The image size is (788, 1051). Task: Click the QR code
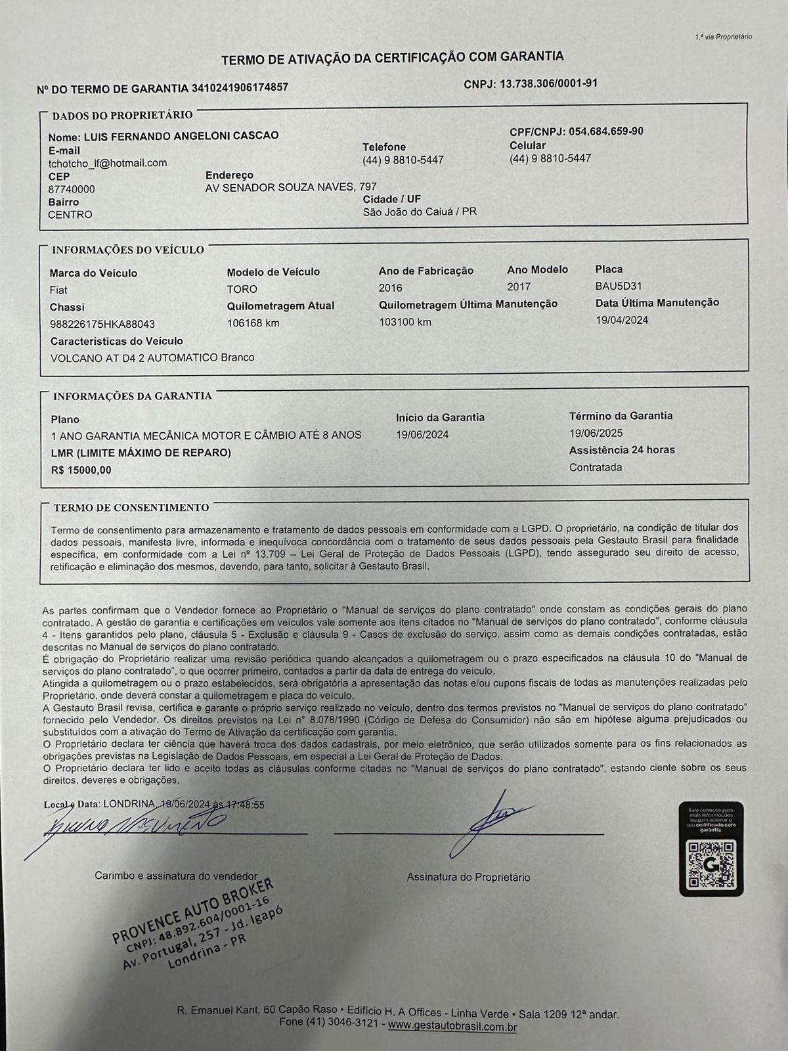pyautogui.click(x=711, y=866)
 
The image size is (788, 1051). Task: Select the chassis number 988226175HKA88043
pyautogui.click(x=102, y=324)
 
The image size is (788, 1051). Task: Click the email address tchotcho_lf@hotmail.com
pyautogui.click(x=108, y=163)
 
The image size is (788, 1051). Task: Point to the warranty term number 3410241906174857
pyautogui.click(x=240, y=87)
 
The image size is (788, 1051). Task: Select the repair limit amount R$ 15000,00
pyautogui.click(x=81, y=470)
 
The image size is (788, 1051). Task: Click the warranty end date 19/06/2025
pyautogui.click(x=596, y=433)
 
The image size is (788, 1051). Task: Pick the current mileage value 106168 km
pyautogui.click(x=253, y=323)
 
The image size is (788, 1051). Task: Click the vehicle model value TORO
pyautogui.click(x=242, y=289)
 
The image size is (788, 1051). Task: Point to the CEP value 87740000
pyautogui.click(x=72, y=189)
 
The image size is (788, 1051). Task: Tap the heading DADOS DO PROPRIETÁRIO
pyautogui.click(x=123, y=116)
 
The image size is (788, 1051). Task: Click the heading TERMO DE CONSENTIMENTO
pyautogui.click(x=131, y=508)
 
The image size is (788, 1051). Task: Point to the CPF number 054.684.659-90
pyautogui.click(x=606, y=131)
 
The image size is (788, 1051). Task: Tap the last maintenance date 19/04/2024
pyautogui.click(x=622, y=320)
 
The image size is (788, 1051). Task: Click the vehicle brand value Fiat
pyautogui.click(x=58, y=290)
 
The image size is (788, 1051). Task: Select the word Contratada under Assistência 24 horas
pyautogui.click(x=596, y=468)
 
